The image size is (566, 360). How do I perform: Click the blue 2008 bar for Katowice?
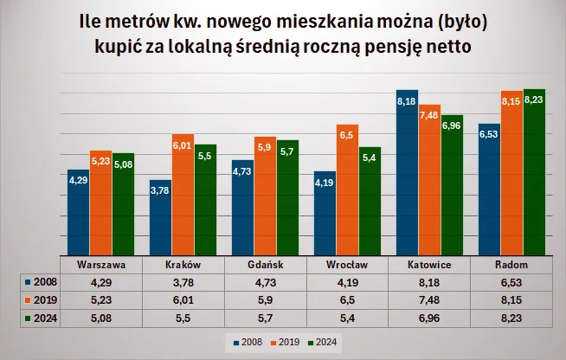(407, 173)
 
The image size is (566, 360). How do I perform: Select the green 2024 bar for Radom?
(534, 173)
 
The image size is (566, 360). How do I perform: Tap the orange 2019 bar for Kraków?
(183, 195)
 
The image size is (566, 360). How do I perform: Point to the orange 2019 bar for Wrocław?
(347, 190)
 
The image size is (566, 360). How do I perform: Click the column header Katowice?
(429, 264)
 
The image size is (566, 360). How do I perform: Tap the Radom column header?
(511, 264)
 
